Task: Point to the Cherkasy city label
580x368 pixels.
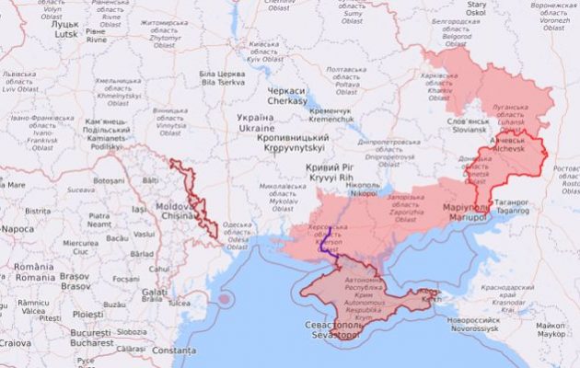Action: coord(287,97)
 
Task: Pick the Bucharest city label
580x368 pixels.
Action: coord(90,337)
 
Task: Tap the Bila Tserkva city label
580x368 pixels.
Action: coord(222,78)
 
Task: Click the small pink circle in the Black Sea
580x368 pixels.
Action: coord(224,299)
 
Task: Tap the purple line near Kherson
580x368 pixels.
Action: coord(324,244)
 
